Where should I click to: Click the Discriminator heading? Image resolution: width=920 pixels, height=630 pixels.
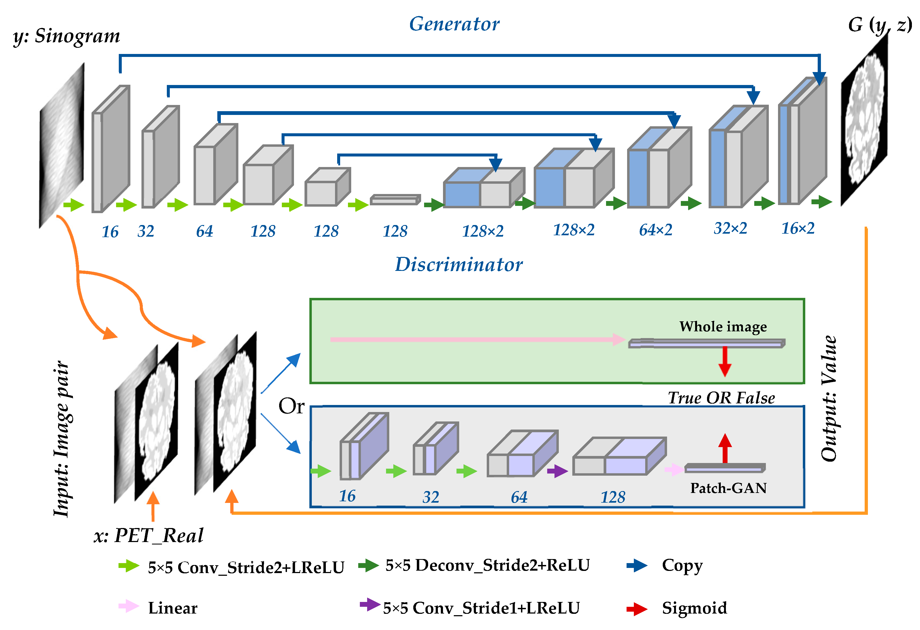pyautogui.click(x=458, y=264)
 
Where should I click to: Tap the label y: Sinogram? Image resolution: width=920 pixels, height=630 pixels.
pyautogui.click(x=66, y=36)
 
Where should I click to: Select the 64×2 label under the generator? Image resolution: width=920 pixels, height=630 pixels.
pyautogui.click(x=655, y=230)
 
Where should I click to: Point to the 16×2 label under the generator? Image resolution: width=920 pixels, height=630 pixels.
pyautogui.click(x=798, y=228)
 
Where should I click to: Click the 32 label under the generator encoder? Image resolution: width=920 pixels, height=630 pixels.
pyautogui.click(x=146, y=231)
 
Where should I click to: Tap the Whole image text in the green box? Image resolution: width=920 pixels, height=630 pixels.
pyautogui.click(x=723, y=326)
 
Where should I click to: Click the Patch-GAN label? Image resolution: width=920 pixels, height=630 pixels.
pyautogui.click(x=728, y=488)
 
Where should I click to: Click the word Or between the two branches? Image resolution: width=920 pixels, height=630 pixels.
pyautogui.click(x=291, y=406)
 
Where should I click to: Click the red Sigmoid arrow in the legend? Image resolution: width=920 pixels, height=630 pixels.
pyautogui.click(x=637, y=609)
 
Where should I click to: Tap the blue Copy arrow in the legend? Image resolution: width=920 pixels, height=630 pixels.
pyautogui.click(x=637, y=565)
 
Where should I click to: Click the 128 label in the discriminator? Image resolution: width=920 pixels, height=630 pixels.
pyautogui.click(x=613, y=497)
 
